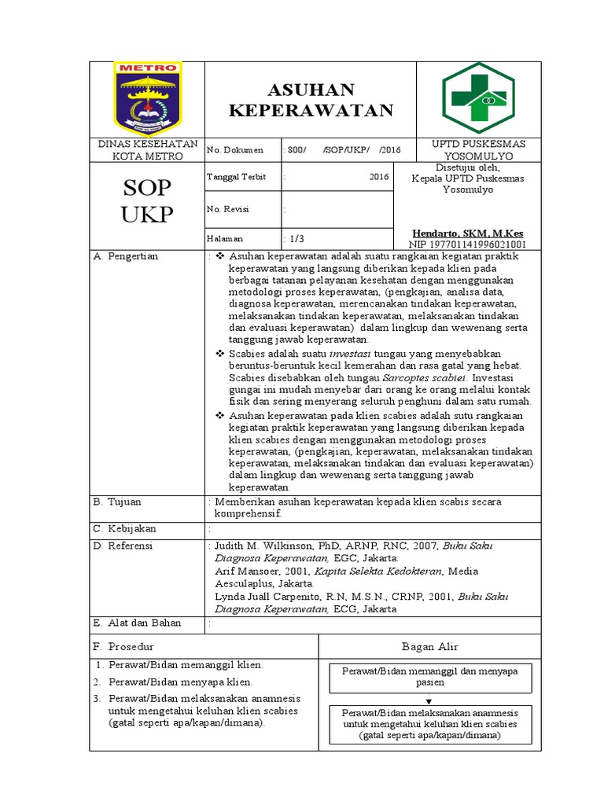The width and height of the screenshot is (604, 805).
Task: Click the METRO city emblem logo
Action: [148, 98]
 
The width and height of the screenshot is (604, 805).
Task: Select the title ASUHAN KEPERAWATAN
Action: [311, 100]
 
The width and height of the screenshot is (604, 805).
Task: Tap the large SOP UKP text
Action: [146, 200]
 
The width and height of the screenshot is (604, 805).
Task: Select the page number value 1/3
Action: [296, 238]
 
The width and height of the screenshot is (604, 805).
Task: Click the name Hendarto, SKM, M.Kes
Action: [467, 233]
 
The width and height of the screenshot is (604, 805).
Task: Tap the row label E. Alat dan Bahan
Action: [137, 623]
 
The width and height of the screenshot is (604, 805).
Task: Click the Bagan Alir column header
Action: [429, 646]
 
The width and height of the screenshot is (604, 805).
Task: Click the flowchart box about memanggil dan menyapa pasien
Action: [429, 676]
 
